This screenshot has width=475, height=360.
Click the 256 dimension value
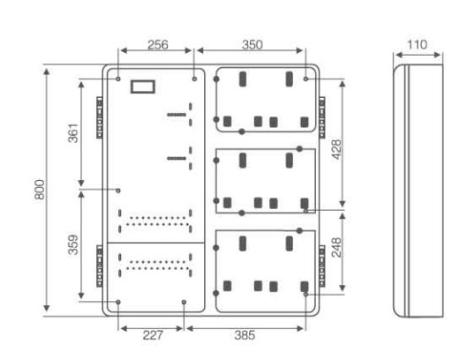pos(157,45)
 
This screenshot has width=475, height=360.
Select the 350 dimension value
pos(252,45)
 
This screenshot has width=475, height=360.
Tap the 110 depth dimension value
pos(417,45)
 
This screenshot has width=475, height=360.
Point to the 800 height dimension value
pos(40,189)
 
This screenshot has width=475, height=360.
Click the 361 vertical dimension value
pos(73,133)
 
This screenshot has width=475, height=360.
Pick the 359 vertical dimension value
pos(73,244)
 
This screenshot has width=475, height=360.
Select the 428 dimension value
pos(336,149)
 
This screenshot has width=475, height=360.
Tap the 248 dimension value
pos(336,247)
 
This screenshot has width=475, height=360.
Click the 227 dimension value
pos(153,335)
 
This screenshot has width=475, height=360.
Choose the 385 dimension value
pos(245,335)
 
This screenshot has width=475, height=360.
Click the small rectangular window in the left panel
pos(143,86)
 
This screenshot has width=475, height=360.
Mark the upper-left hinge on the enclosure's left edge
pos(100,117)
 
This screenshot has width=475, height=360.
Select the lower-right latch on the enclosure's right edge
pos(321,266)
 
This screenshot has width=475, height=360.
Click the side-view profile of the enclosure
pos(418,191)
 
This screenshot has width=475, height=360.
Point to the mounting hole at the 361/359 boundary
pos(118,191)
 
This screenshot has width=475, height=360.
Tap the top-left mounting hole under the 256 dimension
pos(118,79)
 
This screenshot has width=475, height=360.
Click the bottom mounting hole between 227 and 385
pos(184,302)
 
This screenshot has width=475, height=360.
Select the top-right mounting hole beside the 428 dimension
pos(305,79)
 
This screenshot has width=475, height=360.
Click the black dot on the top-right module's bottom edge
pos(242,131)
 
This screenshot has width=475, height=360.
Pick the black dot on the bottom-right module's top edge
pos(299,230)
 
